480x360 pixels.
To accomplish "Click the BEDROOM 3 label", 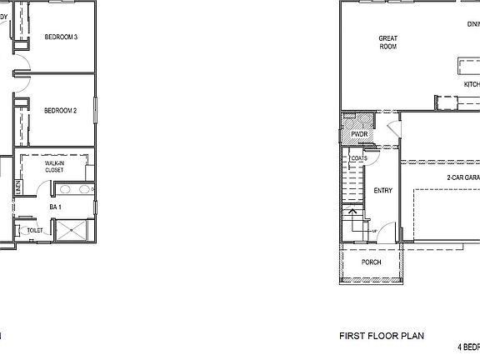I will pos(61,37).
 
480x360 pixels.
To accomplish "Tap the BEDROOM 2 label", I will pos(61,111).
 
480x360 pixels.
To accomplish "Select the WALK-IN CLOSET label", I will pos(54,167).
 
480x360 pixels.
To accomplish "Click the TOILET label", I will pos(35,230).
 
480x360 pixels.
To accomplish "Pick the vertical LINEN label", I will pos(17,188).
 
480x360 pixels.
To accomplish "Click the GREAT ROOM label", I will pos(387,42).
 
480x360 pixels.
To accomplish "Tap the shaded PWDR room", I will pos(359,134).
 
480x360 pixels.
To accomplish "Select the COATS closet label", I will pos(359,157).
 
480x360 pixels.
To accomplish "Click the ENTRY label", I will pos(383,191).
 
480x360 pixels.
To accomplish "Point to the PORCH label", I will pos(372,262).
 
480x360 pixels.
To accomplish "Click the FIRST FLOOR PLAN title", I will pos(382,337).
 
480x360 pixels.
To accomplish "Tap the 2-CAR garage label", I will pos(462,178).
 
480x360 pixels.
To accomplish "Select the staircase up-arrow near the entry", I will pos(352,214).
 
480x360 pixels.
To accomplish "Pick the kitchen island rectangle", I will pos(467,65).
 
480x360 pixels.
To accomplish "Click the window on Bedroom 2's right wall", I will pos(96,111).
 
